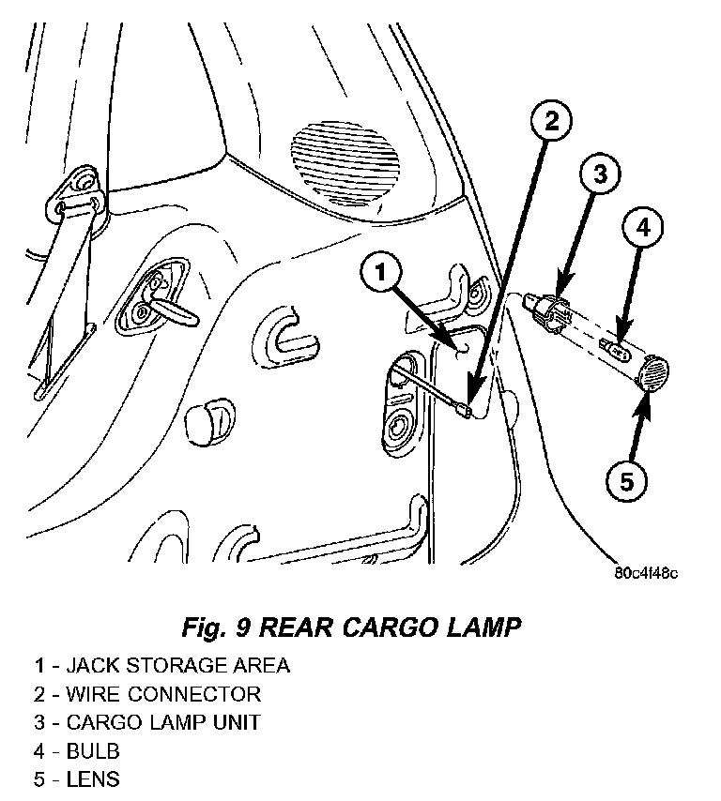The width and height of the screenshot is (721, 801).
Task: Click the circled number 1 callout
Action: point(381,273)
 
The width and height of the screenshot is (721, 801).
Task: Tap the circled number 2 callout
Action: point(551,121)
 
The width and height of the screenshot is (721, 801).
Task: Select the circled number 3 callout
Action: point(600,174)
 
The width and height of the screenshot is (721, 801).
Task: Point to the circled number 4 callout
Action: point(642,226)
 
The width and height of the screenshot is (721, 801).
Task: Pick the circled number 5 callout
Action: point(626,481)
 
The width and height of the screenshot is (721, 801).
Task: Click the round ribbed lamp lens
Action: point(653,372)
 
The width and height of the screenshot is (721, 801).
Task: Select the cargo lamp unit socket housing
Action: point(547,311)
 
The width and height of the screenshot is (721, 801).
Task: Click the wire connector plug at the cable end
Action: point(462,410)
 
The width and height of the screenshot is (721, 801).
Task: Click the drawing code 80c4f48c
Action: point(646,573)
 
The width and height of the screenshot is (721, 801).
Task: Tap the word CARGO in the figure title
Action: point(390,627)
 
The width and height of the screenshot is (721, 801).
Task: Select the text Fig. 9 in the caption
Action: point(216,627)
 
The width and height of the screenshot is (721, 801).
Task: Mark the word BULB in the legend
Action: point(93,751)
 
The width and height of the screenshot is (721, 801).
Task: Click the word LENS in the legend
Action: point(93,779)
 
